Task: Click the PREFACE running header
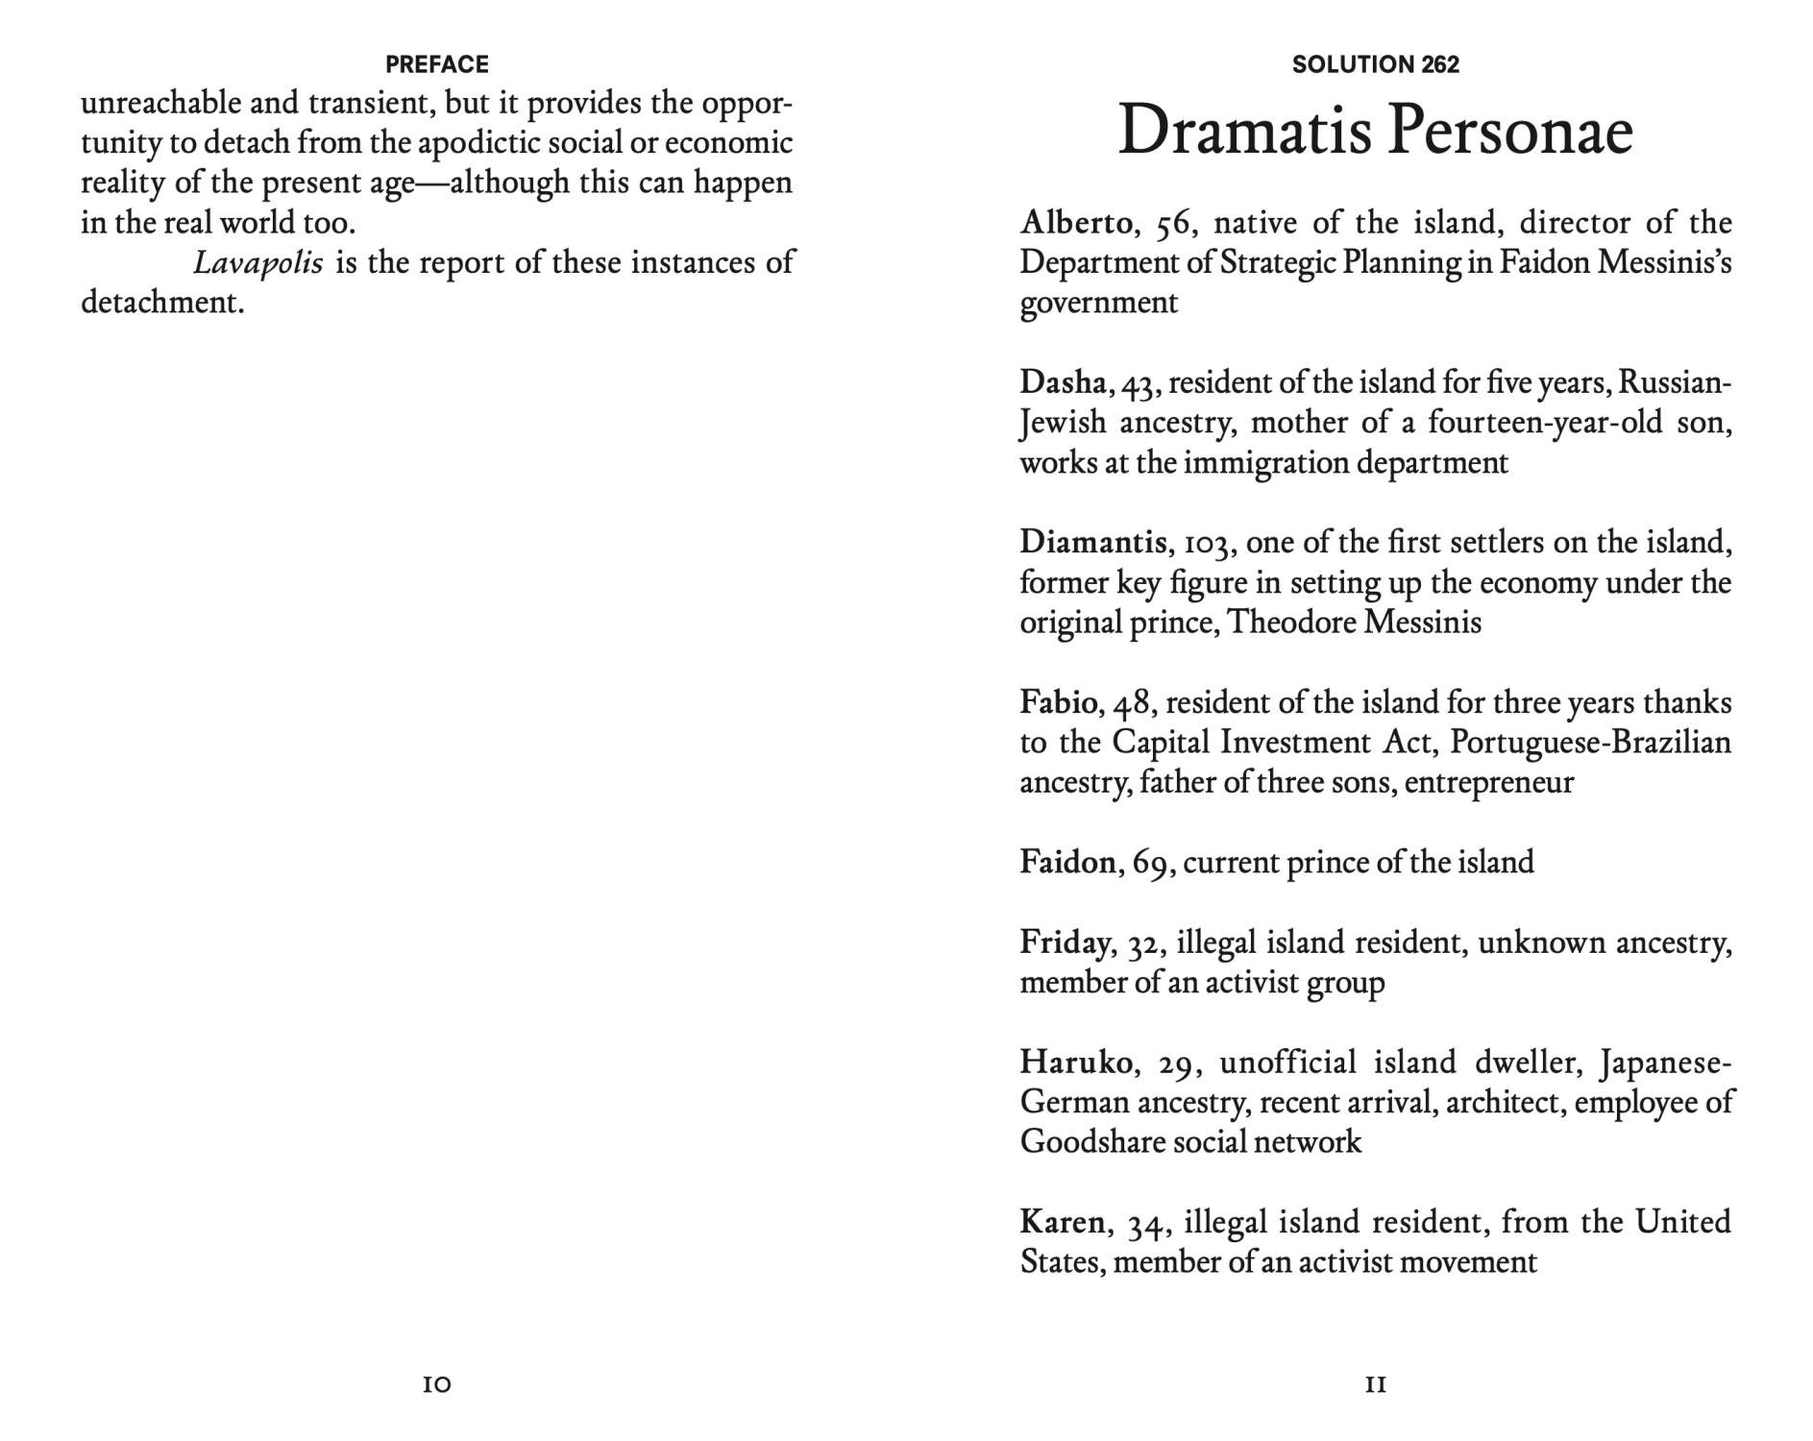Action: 436,64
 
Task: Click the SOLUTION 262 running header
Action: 1375,64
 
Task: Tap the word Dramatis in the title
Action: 1242,132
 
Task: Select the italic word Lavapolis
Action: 257,262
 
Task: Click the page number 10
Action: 436,1384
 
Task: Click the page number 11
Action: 1375,1384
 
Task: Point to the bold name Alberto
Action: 1075,223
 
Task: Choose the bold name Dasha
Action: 1063,382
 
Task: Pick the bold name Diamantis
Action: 1092,543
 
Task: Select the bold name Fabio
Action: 1058,702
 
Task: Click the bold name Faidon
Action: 1067,862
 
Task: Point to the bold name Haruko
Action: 1075,1062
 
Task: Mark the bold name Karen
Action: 1062,1222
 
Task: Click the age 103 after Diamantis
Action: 1207,545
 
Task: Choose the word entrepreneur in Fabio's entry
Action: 1488,783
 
